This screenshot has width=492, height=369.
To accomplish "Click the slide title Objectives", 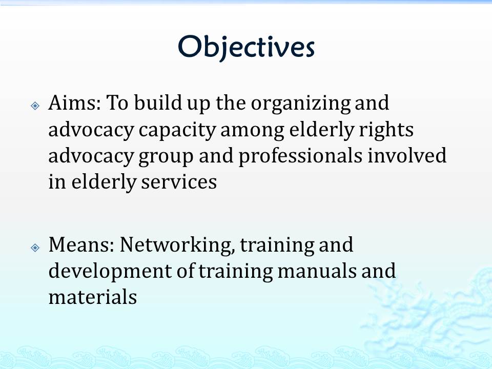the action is click(x=246, y=47).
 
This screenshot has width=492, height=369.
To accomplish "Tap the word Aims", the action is click(x=74, y=102).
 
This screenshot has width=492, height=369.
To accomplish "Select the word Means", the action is click(x=81, y=244).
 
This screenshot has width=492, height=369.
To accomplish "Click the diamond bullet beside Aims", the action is click(x=35, y=106).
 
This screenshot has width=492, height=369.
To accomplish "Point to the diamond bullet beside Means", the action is click(x=35, y=248).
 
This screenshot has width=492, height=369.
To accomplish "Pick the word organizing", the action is click(x=301, y=104).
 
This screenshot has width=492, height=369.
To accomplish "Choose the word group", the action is click(x=166, y=157).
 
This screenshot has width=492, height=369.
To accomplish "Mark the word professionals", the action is click(x=300, y=156).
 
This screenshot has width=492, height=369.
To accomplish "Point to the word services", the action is click(x=178, y=182).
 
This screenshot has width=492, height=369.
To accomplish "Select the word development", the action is click(x=110, y=272).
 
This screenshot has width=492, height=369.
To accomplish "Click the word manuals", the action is click(x=317, y=271).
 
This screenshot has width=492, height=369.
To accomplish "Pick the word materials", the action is click(x=93, y=297).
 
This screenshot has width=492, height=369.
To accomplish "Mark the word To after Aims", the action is click(x=117, y=103).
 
